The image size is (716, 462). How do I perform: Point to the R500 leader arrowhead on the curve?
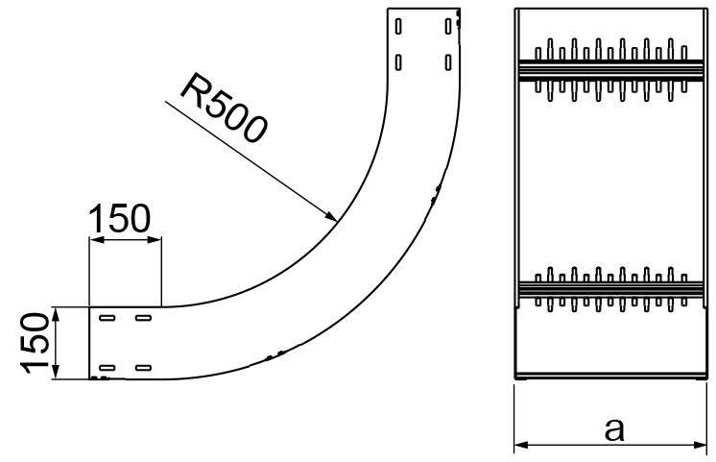click(331, 217)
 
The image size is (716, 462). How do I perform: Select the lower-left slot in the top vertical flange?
click(399, 62)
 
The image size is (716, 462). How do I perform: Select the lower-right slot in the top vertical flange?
click(448, 62)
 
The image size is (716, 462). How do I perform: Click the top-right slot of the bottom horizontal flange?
click(142, 318)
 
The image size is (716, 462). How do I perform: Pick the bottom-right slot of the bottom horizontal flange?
click(142, 367)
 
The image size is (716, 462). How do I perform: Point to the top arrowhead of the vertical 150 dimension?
click(56, 312)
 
